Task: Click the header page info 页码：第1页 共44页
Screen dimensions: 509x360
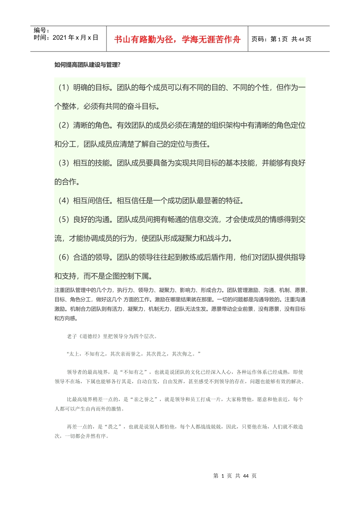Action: (x=281, y=39)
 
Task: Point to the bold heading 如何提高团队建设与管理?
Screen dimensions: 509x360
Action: (x=88, y=65)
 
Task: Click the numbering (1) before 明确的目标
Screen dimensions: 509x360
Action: (x=64, y=87)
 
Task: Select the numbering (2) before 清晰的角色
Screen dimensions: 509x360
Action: (x=64, y=125)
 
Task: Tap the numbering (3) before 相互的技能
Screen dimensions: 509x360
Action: (x=64, y=163)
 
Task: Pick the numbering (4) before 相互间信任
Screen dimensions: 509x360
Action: (x=64, y=201)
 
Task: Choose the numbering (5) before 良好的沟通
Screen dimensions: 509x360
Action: (x=64, y=220)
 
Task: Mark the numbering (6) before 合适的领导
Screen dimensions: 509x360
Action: (x=64, y=258)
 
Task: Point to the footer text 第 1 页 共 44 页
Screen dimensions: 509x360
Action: (x=235, y=476)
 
